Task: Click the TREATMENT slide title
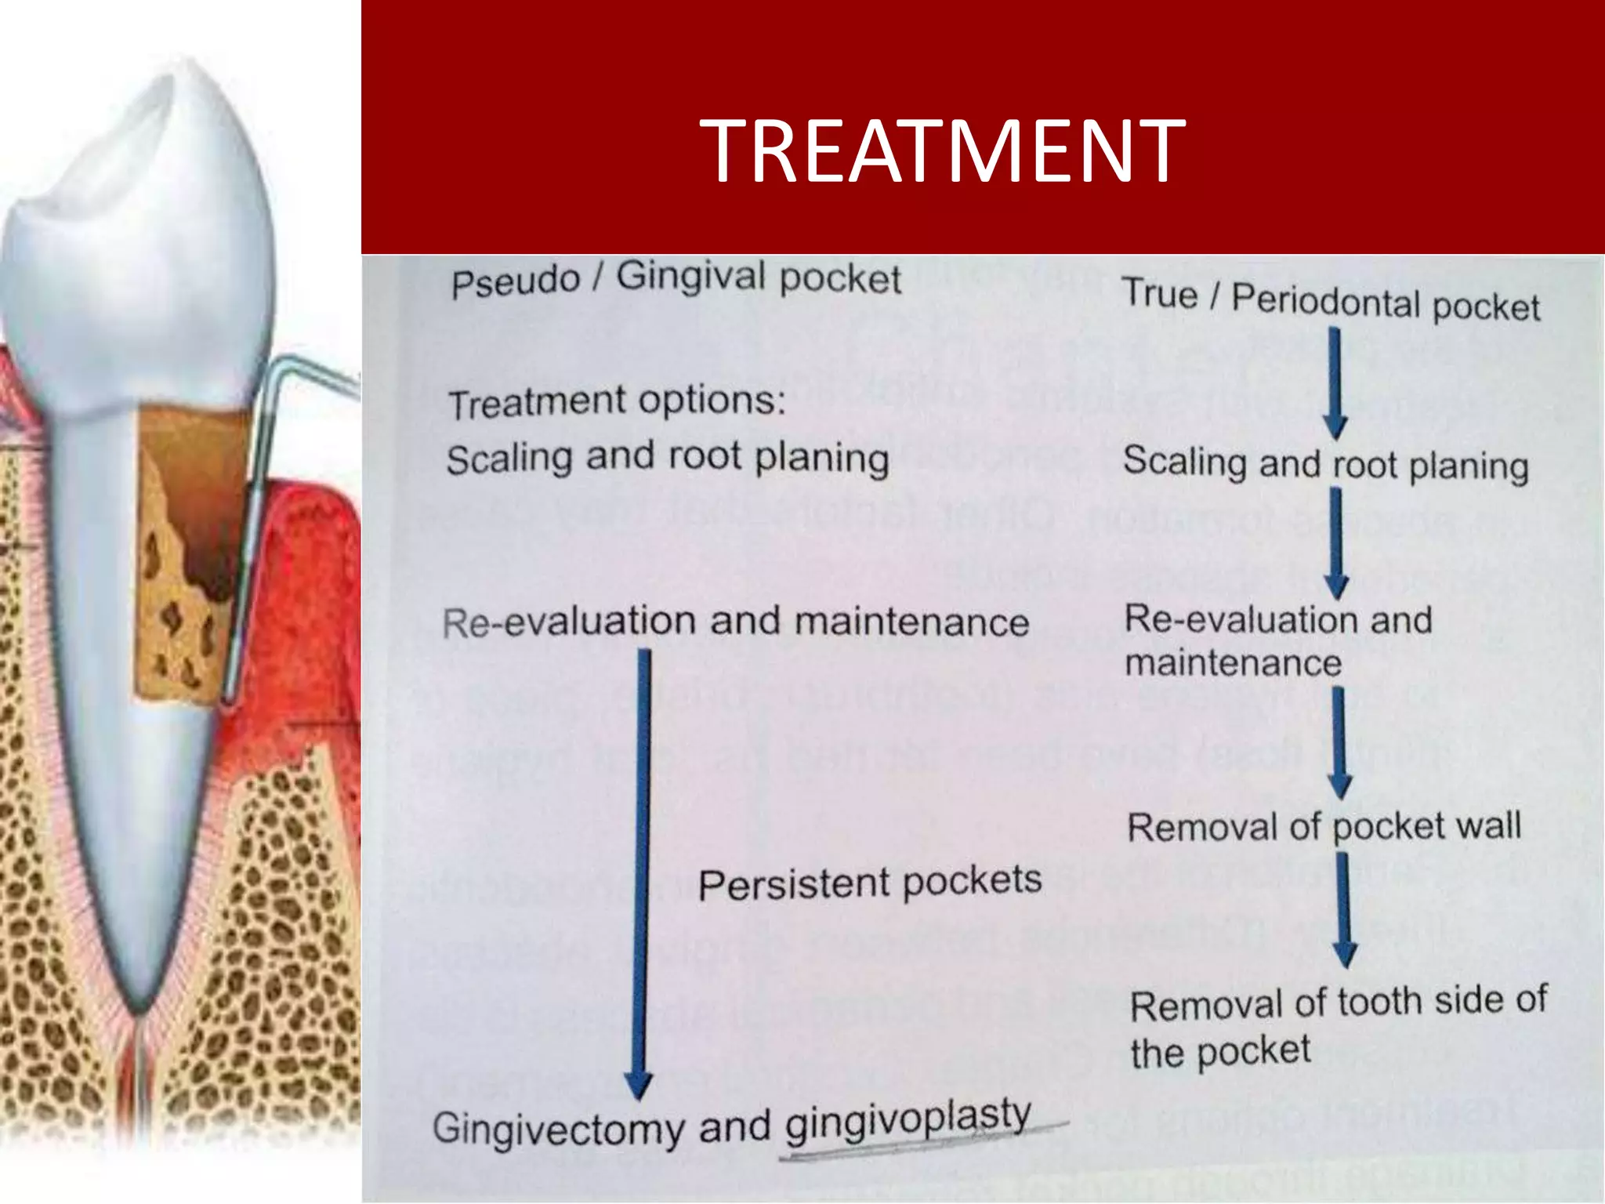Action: (x=942, y=150)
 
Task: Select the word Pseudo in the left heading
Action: (x=515, y=282)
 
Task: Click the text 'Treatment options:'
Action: (x=616, y=402)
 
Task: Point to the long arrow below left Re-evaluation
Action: (x=642, y=870)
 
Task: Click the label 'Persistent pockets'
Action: (x=869, y=883)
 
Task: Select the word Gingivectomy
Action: (x=558, y=1129)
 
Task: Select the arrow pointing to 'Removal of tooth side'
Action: (x=1344, y=909)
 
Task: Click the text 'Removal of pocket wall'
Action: (x=1324, y=827)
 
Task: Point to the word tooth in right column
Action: (x=1379, y=1003)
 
